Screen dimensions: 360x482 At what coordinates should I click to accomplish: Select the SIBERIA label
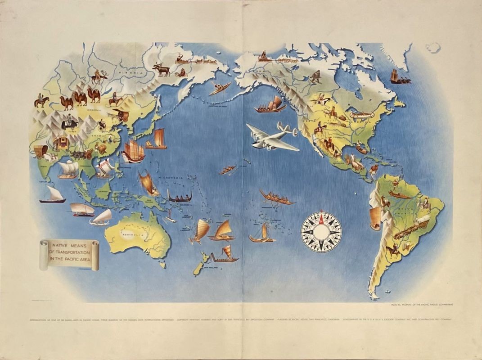pos(130,72)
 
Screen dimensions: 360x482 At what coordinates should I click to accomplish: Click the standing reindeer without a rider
pos(162,69)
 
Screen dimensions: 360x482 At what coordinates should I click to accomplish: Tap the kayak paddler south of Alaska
pos(221,87)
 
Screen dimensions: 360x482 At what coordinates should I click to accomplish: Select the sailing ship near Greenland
pos(400,77)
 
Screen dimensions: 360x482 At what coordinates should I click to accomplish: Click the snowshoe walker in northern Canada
pos(315,76)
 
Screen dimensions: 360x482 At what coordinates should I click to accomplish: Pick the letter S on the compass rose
pos(321,249)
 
